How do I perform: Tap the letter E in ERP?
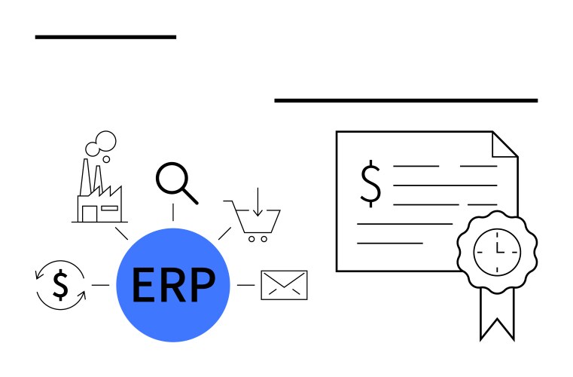click(x=142, y=284)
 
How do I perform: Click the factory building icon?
click(x=99, y=197)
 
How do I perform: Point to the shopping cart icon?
click(x=257, y=220)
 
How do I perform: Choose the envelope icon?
click(x=284, y=285)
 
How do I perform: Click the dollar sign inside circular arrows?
click(x=61, y=284)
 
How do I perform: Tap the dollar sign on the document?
click(x=370, y=183)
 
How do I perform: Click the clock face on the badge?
click(x=497, y=250)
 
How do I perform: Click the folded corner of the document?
click(x=504, y=144)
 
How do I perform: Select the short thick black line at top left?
click(x=105, y=36)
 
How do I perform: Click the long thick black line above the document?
click(x=406, y=100)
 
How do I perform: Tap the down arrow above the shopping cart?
click(x=257, y=201)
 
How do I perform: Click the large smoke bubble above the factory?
click(x=106, y=139)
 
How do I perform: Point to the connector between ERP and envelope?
click(x=245, y=285)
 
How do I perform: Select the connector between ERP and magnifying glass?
click(x=173, y=213)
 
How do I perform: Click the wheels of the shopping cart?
click(x=257, y=239)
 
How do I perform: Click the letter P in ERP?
click(x=200, y=284)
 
